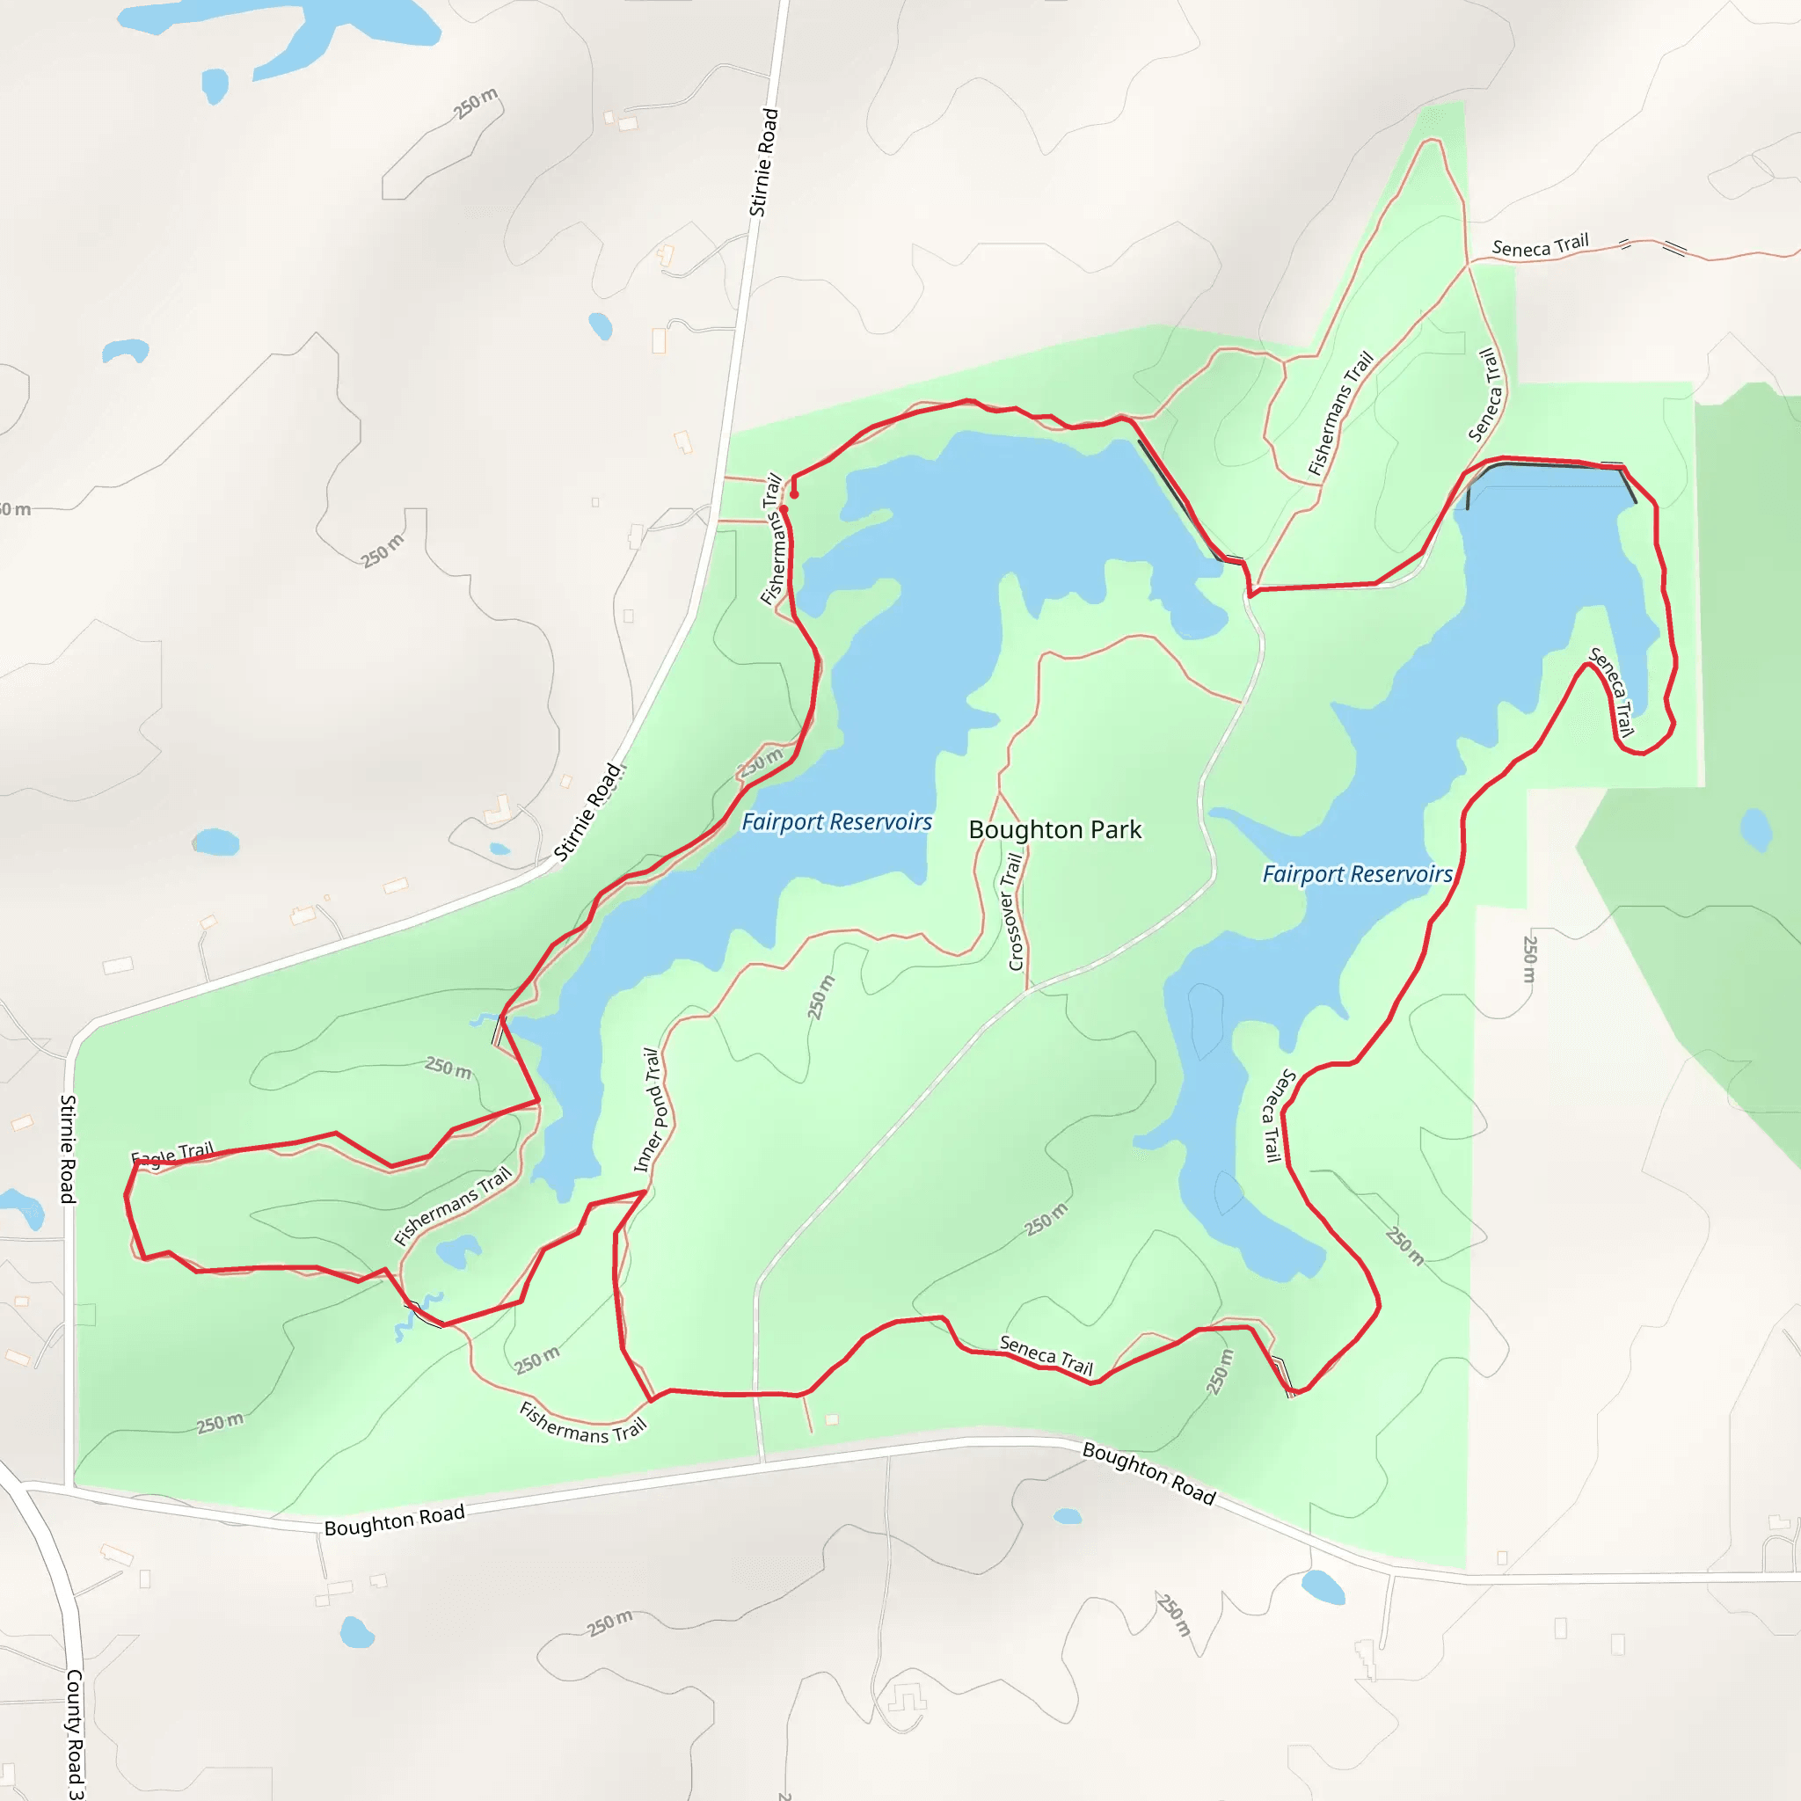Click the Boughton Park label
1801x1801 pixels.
(x=1054, y=829)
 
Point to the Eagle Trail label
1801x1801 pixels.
(x=172, y=1154)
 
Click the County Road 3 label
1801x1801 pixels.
(x=74, y=1733)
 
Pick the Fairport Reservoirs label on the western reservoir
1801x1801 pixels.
(x=836, y=822)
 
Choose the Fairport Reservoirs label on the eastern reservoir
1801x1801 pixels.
(x=1356, y=874)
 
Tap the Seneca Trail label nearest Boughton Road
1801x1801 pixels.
(x=1045, y=1355)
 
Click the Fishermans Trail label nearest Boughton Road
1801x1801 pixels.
(x=583, y=1422)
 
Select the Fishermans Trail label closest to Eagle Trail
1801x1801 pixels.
(x=453, y=1206)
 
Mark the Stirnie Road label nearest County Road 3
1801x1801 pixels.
(x=68, y=1149)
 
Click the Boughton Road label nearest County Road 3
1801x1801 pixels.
(x=394, y=1520)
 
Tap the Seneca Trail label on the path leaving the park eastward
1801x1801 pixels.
(x=1540, y=246)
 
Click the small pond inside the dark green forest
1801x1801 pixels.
(x=1756, y=828)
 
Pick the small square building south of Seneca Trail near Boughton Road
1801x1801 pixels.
(x=832, y=1419)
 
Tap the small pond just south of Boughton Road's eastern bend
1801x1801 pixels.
(x=1322, y=1586)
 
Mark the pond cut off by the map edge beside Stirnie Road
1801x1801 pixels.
(x=20, y=1208)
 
